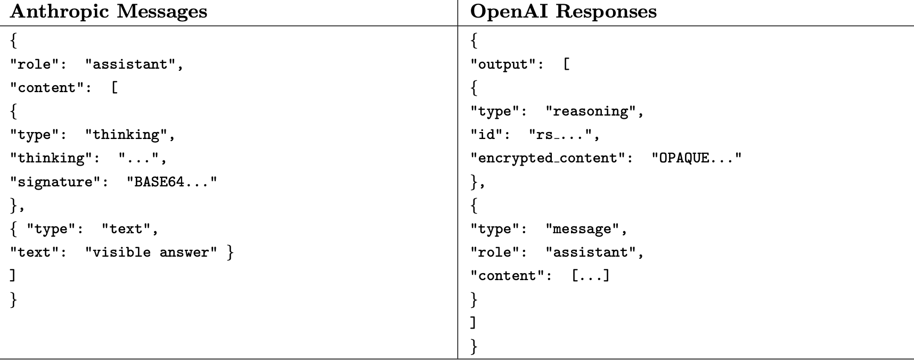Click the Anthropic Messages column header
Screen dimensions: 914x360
click(109, 12)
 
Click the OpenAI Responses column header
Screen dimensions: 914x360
click(564, 12)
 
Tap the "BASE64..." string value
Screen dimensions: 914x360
click(172, 182)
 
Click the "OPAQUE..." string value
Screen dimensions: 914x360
click(697, 158)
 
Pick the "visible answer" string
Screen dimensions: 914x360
click(151, 252)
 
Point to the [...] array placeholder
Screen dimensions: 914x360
click(591, 276)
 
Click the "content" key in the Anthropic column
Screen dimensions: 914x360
click(51, 88)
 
